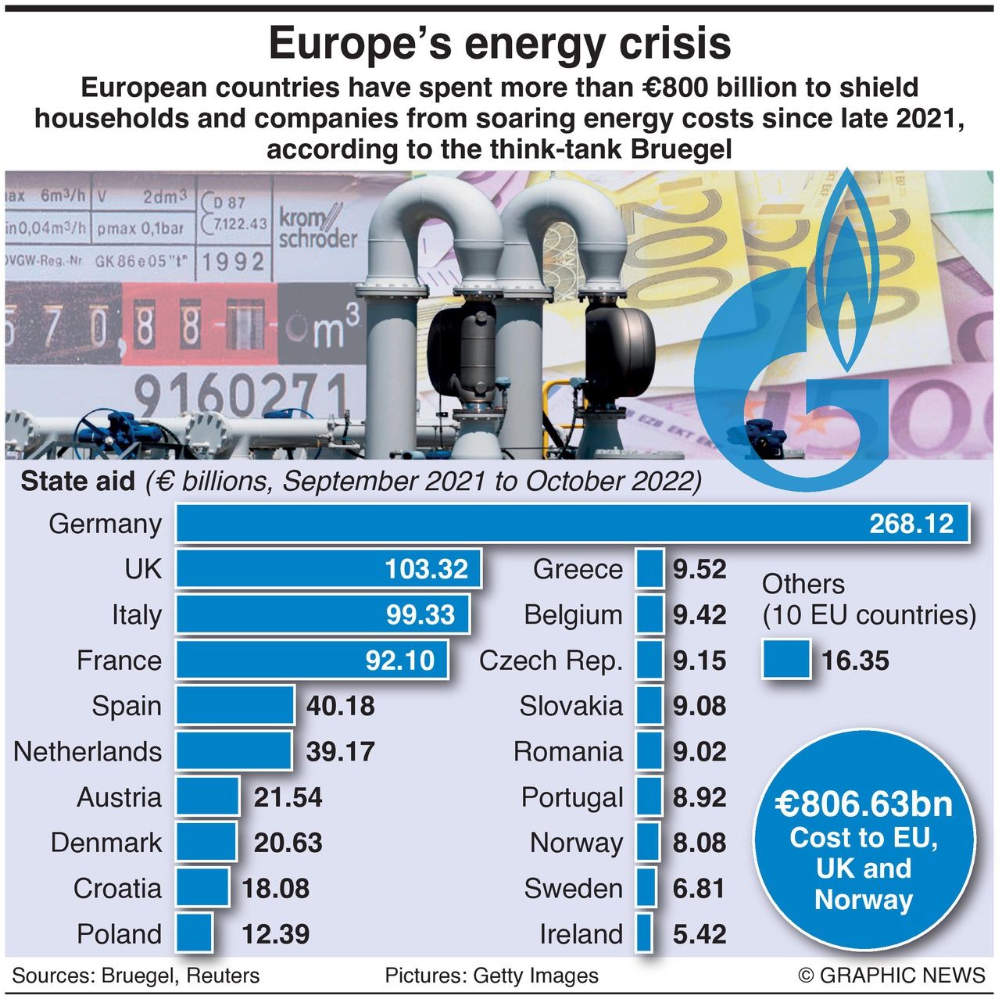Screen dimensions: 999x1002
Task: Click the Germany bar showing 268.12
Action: (x=572, y=524)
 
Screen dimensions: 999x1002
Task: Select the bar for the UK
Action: (x=328, y=569)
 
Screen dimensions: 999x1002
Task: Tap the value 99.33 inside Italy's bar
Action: (x=420, y=615)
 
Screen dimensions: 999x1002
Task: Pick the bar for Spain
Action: (x=235, y=706)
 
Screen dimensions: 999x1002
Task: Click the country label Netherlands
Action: (x=88, y=752)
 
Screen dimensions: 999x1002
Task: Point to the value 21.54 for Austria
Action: (x=288, y=797)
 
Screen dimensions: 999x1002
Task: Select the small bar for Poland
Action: (x=194, y=933)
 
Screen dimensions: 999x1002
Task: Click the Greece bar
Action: (x=650, y=569)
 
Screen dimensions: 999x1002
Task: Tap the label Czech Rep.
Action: (x=551, y=661)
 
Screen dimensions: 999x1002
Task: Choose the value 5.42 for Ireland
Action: (x=700, y=934)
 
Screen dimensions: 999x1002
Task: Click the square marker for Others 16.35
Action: (x=786, y=660)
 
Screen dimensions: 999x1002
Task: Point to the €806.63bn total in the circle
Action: (x=864, y=804)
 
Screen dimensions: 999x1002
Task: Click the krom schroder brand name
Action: (x=317, y=227)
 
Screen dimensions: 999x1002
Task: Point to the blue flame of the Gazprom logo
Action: (x=844, y=266)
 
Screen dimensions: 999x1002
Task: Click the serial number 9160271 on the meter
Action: (x=240, y=395)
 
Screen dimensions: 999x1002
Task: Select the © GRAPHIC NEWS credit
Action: (x=891, y=976)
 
